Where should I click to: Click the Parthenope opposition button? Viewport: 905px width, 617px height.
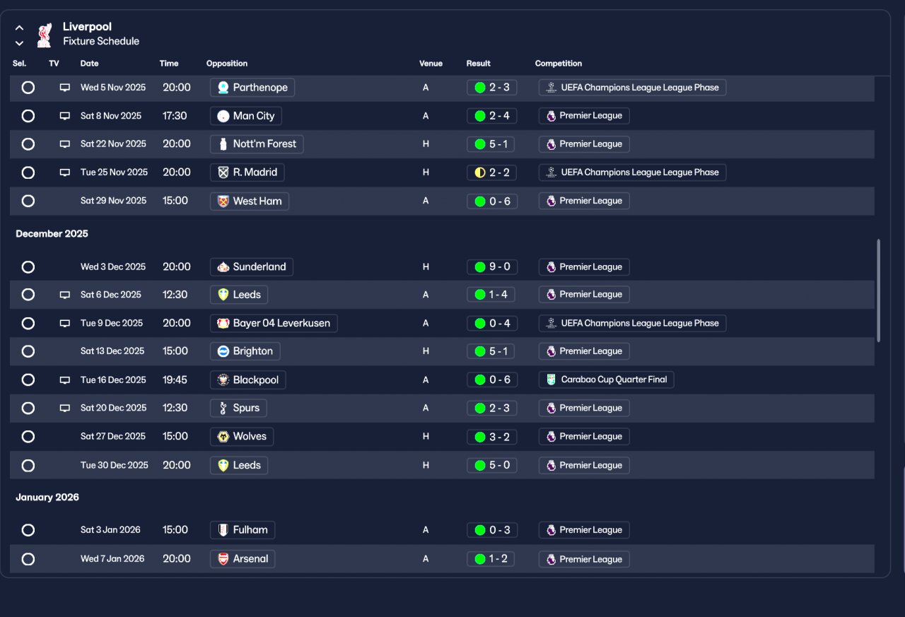(x=252, y=88)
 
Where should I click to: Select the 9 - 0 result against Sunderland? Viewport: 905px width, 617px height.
(x=491, y=267)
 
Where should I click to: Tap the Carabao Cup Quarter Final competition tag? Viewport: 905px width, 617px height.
(x=606, y=380)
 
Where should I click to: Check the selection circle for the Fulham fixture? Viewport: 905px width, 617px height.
(x=28, y=530)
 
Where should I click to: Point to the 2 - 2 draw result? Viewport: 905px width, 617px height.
(x=491, y=172)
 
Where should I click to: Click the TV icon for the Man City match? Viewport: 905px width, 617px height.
(x=65, y=116)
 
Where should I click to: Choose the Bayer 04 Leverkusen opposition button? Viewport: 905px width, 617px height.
(x=274, y=323)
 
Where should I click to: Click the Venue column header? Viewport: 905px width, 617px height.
(x=431, y=64)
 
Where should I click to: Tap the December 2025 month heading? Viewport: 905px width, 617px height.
(x=52, y=234)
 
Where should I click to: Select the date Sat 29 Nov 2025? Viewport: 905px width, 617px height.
(x=113, y=201)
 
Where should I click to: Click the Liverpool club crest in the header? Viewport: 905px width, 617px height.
(x=44, y=35)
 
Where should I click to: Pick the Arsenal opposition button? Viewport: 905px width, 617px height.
(x=243, y=559)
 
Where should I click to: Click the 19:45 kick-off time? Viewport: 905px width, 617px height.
(x=175, y=380)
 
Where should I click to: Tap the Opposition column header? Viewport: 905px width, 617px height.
(x=227, y=64)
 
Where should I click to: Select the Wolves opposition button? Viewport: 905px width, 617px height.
(x=242, y=437)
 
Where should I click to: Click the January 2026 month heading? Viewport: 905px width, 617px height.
(x=47, y=498)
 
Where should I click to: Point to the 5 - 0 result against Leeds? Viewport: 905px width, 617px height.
(x=491, y=465)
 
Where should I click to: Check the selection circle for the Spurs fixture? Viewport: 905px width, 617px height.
(x=28, y=408)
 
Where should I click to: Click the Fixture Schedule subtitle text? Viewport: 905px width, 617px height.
(x=101, y=42)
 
